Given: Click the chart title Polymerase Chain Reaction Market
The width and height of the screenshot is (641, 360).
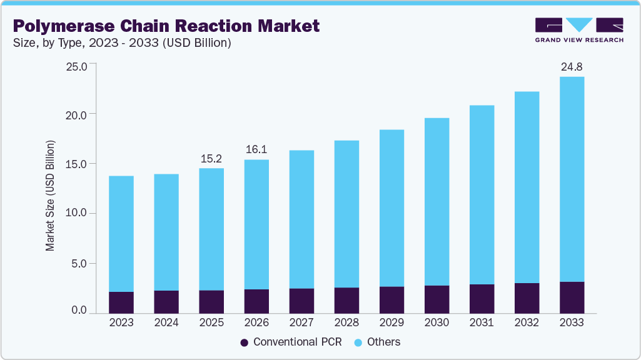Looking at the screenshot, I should click(166, 26).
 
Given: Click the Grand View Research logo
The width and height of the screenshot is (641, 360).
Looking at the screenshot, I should click(578, 30).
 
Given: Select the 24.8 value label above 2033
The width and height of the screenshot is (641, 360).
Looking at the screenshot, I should click(572, 66).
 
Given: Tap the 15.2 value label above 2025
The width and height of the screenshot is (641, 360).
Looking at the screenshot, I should click(211, 158).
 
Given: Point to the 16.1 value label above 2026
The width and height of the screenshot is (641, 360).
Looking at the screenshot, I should click(256, 150).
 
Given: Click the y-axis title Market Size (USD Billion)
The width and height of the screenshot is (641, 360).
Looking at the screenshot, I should click(50, 196).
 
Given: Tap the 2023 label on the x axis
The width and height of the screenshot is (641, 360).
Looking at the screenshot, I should click(121, 322).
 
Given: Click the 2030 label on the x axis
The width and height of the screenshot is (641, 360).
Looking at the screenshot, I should click(437, 322).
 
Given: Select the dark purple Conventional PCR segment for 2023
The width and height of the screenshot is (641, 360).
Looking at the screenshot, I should click(121, 302).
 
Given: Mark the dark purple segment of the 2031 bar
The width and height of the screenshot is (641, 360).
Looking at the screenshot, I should click(482, 298).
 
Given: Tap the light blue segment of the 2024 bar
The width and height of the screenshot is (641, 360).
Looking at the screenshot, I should click(166, 232).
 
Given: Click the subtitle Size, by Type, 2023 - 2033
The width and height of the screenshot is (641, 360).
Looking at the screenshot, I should click(122, 43).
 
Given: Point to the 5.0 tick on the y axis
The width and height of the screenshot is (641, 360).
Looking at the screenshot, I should click(80, 263).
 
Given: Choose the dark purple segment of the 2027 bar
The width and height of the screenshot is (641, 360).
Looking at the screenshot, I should click(301, 300).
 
